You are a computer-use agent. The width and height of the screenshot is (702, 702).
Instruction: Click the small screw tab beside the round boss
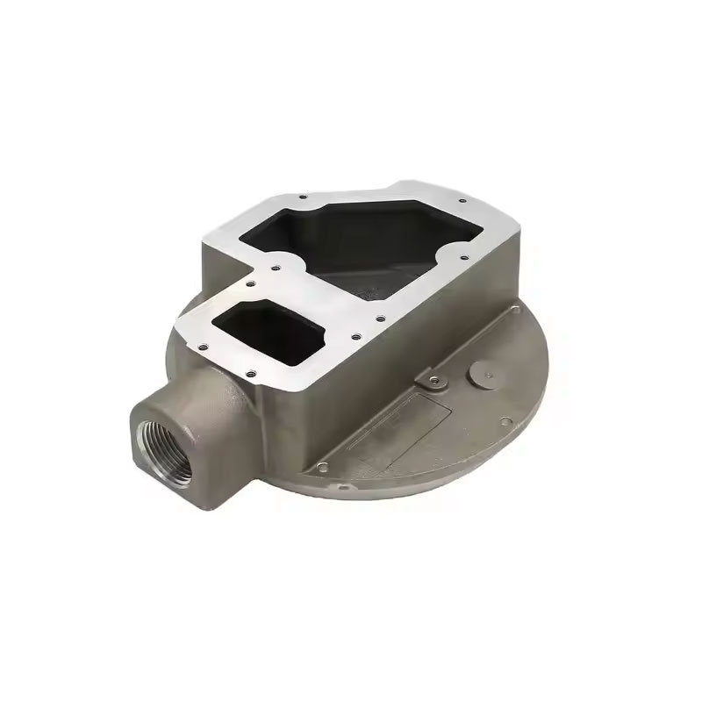pyautogui.click(x=431, y=381)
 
